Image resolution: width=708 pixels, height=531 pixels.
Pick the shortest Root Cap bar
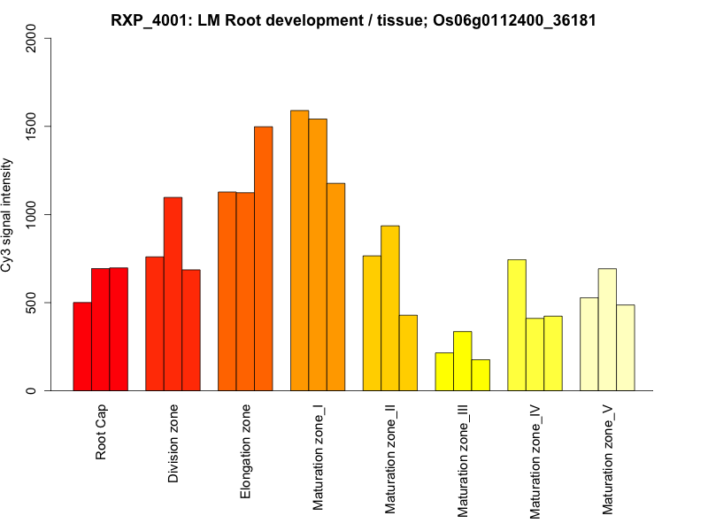coord(82,346)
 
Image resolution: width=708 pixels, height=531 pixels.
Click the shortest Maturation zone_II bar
coord(408,352)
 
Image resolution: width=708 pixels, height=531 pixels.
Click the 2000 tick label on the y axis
coord(33,38)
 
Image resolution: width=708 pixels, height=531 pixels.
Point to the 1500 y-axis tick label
coord(33,127)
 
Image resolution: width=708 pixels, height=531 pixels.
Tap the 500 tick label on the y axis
coord(33,303)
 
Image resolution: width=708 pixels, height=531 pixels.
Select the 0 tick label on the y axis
coord(33,390)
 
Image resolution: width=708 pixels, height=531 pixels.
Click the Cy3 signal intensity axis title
coord(8,214)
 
